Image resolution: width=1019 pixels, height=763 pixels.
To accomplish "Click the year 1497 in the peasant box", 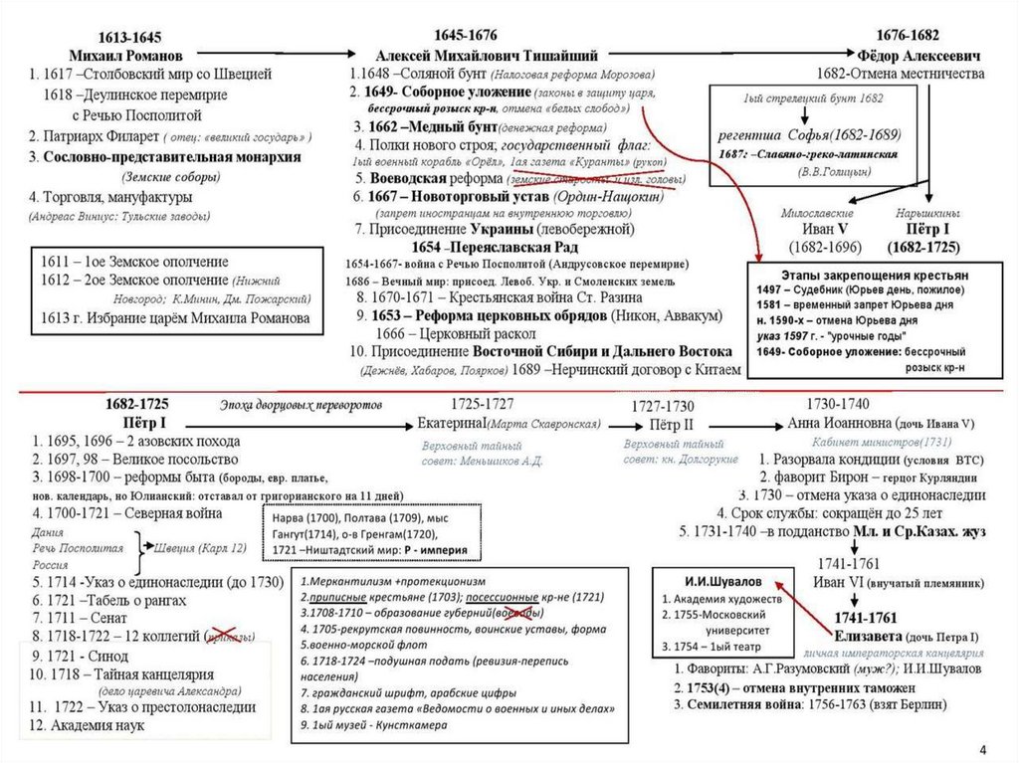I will [773, 287].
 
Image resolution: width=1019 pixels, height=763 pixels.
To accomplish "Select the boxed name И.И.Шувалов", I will [710, 578].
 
